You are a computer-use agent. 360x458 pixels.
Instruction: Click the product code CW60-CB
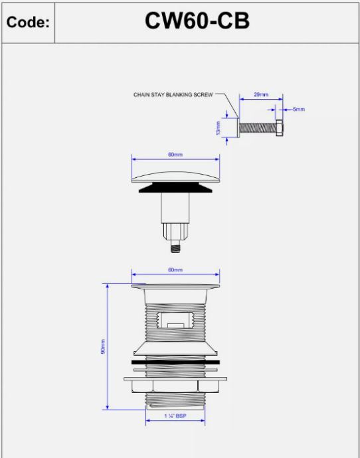point(197,21)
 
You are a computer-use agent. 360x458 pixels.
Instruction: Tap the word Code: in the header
point(28,22)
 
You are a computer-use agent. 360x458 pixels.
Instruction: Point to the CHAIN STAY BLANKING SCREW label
point(173,95)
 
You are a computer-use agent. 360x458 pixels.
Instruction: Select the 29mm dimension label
point(261,94)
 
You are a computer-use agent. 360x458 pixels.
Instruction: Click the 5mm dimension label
point(299,110)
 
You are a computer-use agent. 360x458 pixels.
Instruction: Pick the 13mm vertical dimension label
point(218,128)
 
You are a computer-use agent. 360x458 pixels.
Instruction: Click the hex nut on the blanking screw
point(279,128)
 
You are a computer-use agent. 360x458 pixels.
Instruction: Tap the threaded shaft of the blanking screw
point(258,128)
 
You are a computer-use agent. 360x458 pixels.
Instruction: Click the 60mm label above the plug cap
point(175,154)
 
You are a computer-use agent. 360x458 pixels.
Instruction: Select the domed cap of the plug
point(175,177)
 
